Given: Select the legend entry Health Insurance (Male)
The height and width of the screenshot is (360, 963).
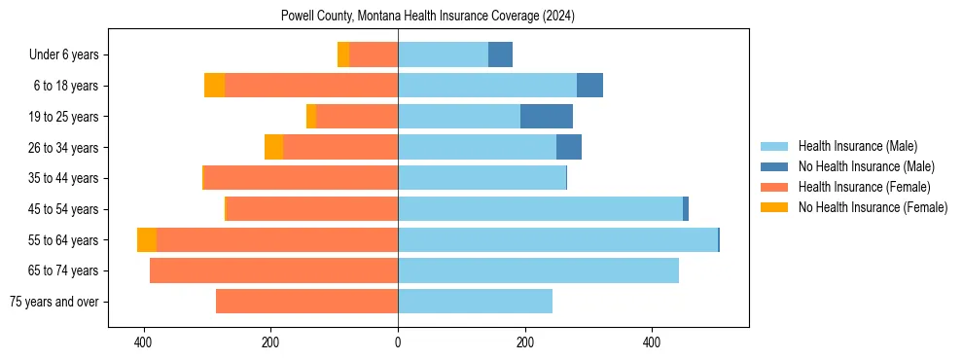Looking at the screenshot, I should coord(857,146).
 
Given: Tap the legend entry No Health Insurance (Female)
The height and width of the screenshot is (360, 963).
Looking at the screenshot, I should coord(873,207).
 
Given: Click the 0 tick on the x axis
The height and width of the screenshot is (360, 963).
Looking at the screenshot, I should coord(398,342).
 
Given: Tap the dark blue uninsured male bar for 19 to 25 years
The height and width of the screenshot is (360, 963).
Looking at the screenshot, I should coord(547,117).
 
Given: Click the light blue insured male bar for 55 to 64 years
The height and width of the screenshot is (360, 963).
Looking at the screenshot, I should coord(557,240).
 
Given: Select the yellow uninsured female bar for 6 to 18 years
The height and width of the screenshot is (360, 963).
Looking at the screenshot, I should coord(214,86).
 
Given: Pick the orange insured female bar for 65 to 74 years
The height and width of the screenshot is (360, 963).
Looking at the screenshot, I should coord(273,270).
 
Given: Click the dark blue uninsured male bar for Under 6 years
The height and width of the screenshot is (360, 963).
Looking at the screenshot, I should coord(500,55).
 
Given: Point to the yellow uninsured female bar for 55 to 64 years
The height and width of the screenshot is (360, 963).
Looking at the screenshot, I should coord(147,240).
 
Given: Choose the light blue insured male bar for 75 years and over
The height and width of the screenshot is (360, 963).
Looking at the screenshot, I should coord(475,302).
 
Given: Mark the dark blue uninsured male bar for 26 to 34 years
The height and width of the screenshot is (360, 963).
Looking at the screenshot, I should coord(569,148).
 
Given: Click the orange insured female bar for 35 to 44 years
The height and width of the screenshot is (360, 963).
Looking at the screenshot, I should coord(302,178).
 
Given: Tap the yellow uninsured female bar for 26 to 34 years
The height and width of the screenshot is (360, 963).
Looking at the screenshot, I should coord(273,148).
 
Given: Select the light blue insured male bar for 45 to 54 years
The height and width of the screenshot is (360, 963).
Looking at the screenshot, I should coord(540,209).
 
